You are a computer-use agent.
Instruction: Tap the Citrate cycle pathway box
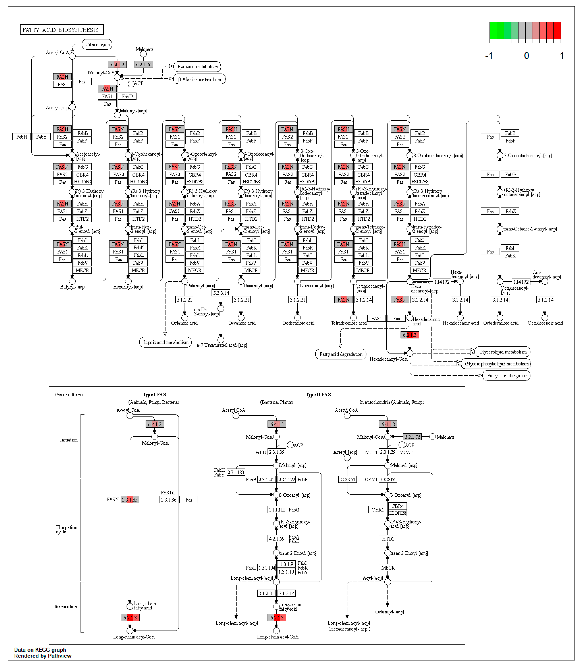(97, 45)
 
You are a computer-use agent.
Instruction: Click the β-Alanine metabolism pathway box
(199, 79)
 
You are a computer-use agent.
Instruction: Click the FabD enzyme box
(127, 96)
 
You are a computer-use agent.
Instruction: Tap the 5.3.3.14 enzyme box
(221, 293)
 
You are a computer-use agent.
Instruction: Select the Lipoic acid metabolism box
(165, 342)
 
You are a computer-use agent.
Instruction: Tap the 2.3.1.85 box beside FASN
(130, 500)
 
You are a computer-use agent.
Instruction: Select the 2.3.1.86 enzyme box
(169, 500)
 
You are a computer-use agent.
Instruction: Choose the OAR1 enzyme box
(377, 510)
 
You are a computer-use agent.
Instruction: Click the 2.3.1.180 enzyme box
(236, 472)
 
